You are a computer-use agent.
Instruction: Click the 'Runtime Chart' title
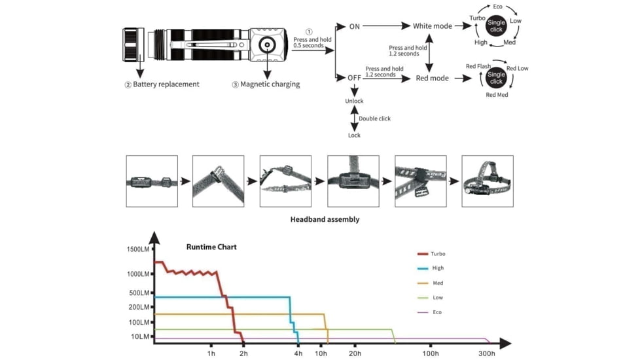(x=211, y=247)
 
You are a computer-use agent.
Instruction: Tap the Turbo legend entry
(x=431, y=254)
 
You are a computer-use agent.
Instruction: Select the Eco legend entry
(x=429, y=312)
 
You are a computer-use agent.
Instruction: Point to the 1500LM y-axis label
(x=138, y=249)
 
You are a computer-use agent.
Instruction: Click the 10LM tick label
(x=140, y=336)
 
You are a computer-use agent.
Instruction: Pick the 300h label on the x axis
(x=486, y=353)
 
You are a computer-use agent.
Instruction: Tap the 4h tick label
(x=298, y=353)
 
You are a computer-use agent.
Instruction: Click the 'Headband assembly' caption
(x=325, y=219)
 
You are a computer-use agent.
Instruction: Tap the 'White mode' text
(x=433, y=26)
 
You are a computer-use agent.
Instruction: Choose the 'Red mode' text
(x=433, y=78)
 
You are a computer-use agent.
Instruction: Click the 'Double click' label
(x=375, y=118)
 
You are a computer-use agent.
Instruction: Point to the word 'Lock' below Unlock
(x=354, y=135)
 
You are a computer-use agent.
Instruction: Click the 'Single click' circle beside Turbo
(x=496, y=26)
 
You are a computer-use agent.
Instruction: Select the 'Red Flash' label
(x=478, y=66)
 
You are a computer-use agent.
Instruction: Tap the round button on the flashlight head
(x=268, y=45)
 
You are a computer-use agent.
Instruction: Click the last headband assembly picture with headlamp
(x=488, y=181)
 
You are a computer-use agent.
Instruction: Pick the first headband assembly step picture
(x=152, y=181)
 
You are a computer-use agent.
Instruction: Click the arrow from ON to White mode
(x=387, y=26)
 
